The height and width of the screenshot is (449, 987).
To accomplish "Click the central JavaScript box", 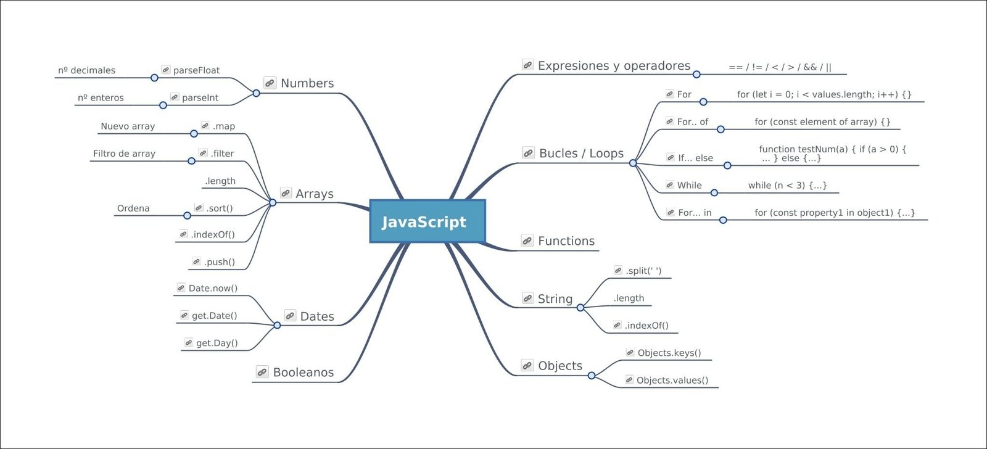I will click(x=427, y=221).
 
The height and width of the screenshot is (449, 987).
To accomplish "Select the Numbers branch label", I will click(x=307, y=83).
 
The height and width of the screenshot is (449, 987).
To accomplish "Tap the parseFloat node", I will click(x=196, y=70).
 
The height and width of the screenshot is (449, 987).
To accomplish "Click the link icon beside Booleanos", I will click(x=262, y=373).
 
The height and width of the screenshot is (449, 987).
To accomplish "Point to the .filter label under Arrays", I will click(x=222, y=154).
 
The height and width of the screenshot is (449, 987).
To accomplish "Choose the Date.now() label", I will click(x=213, y=288).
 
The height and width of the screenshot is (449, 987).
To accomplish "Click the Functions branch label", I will click(x=566, y=241).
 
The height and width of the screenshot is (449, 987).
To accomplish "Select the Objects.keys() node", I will click(x=669, y=353).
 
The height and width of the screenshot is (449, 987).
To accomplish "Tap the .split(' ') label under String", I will click(x=643, y=271).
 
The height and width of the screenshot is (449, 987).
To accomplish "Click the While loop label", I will click(x=689, y=185).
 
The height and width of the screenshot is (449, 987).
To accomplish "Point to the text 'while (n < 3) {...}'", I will click(x=787, y=185).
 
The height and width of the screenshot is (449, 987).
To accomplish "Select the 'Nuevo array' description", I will click(x=128, y=126).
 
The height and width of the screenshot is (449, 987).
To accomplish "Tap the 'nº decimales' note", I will click(x=87, y=70).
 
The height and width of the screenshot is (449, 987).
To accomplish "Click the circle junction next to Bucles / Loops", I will click(x=633, y=163).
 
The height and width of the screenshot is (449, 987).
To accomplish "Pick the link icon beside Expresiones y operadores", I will click(x=527, y=65).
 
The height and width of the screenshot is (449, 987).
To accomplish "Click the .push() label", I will click(x=219, y=262).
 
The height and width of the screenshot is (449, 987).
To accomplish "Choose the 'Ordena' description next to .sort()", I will click(x=133, y=208).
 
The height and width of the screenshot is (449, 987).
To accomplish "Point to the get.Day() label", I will click(x=217, y=343).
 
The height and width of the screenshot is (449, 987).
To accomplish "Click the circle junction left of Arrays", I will click(x=273, y=202).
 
